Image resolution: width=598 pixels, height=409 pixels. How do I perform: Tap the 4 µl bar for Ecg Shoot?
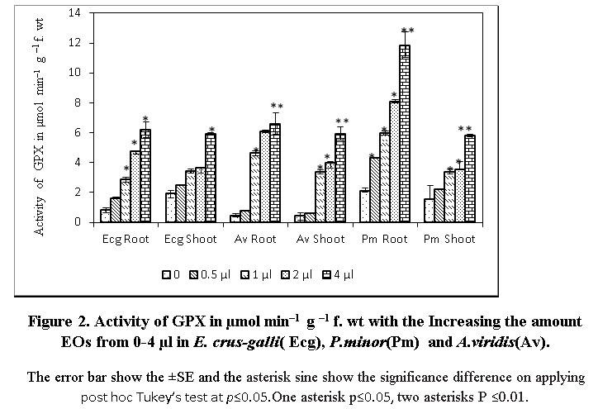211,178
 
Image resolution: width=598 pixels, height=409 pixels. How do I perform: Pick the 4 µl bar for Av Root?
275,173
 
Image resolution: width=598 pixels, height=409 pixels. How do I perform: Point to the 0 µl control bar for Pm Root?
365,206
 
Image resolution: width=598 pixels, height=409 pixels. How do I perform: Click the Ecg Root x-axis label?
121,239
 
